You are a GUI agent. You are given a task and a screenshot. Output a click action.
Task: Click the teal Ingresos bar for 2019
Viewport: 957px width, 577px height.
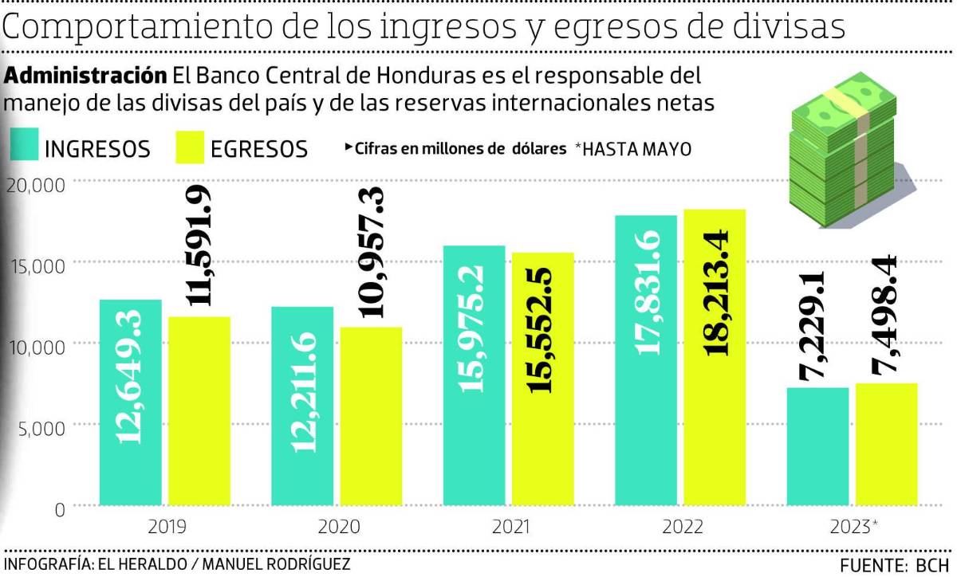(131, 402)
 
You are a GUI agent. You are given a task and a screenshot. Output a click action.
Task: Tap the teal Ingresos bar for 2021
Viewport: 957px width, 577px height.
(474, 375)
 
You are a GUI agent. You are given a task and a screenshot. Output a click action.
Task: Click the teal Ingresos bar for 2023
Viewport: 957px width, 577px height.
(817, 446)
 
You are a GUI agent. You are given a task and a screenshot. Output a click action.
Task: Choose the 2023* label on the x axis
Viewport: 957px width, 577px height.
(853, 528)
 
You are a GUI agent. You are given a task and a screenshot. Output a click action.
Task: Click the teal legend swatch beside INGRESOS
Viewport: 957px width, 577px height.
(23, 147)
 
